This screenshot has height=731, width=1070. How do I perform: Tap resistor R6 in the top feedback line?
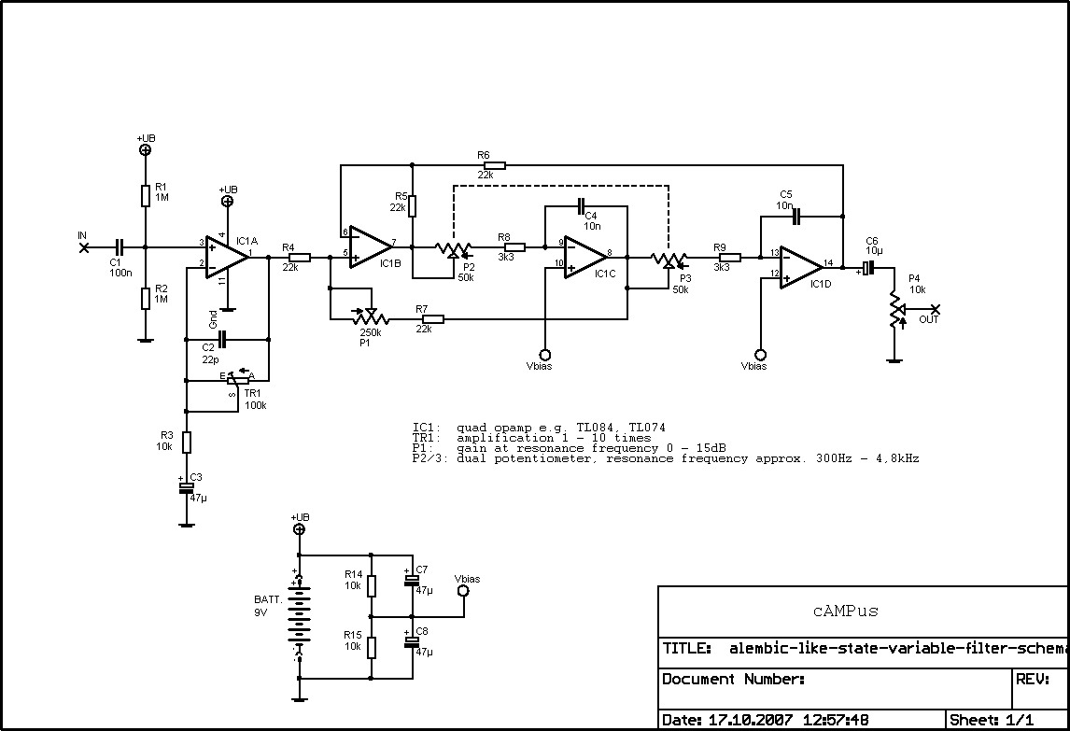(x=494, y=165)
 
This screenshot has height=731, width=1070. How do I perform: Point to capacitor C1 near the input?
(x=119, y=247)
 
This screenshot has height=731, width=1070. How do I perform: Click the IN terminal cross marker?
(x=84, y=247)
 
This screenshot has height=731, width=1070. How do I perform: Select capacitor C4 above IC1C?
(x=580, y=205)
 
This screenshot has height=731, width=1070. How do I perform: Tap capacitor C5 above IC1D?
(x=795, y=216)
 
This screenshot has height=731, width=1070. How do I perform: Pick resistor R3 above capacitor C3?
(x=187, y=442)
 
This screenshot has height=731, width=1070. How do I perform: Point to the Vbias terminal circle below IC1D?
(x=760, y=355)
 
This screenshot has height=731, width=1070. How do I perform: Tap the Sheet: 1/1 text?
(x=992, y=720)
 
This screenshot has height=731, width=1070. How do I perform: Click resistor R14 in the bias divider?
(x=372, y=585)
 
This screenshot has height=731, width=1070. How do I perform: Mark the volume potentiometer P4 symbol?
(x=894, y=309)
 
